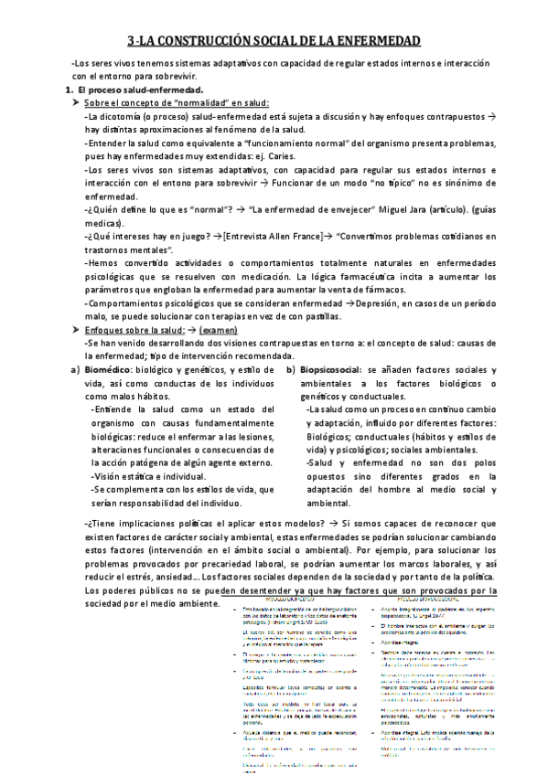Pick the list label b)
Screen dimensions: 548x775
coord(291,368)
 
